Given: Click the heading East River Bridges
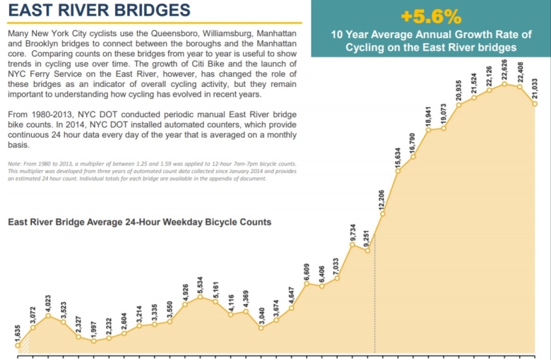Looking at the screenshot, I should point(99,11).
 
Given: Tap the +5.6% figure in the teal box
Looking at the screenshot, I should point(431,16).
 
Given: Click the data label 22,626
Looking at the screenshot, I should point(505,68).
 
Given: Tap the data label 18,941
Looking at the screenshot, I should point(429,116).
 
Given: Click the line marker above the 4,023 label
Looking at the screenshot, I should point(48,316).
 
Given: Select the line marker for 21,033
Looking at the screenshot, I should point(535,104).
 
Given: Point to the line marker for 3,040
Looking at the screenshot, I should point(261,328).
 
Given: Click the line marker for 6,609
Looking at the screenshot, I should point(307,284).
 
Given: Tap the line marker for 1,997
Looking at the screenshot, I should point(94,341).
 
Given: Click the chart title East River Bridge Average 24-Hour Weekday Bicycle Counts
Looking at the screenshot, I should point(139,222).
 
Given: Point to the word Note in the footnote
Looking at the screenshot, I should point(15,164).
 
